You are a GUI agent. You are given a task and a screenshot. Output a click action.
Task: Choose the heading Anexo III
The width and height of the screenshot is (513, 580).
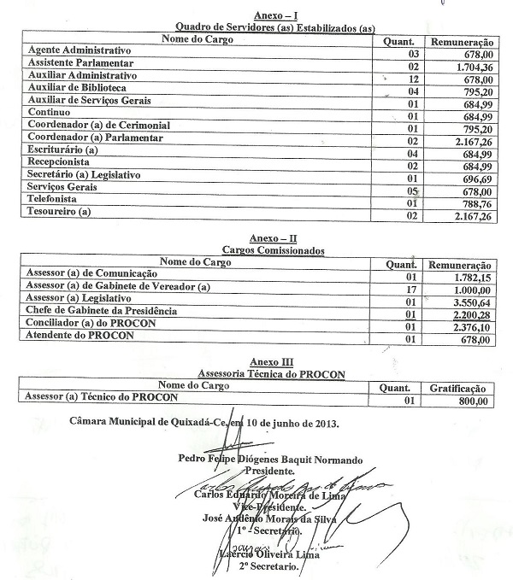point(268,362)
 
